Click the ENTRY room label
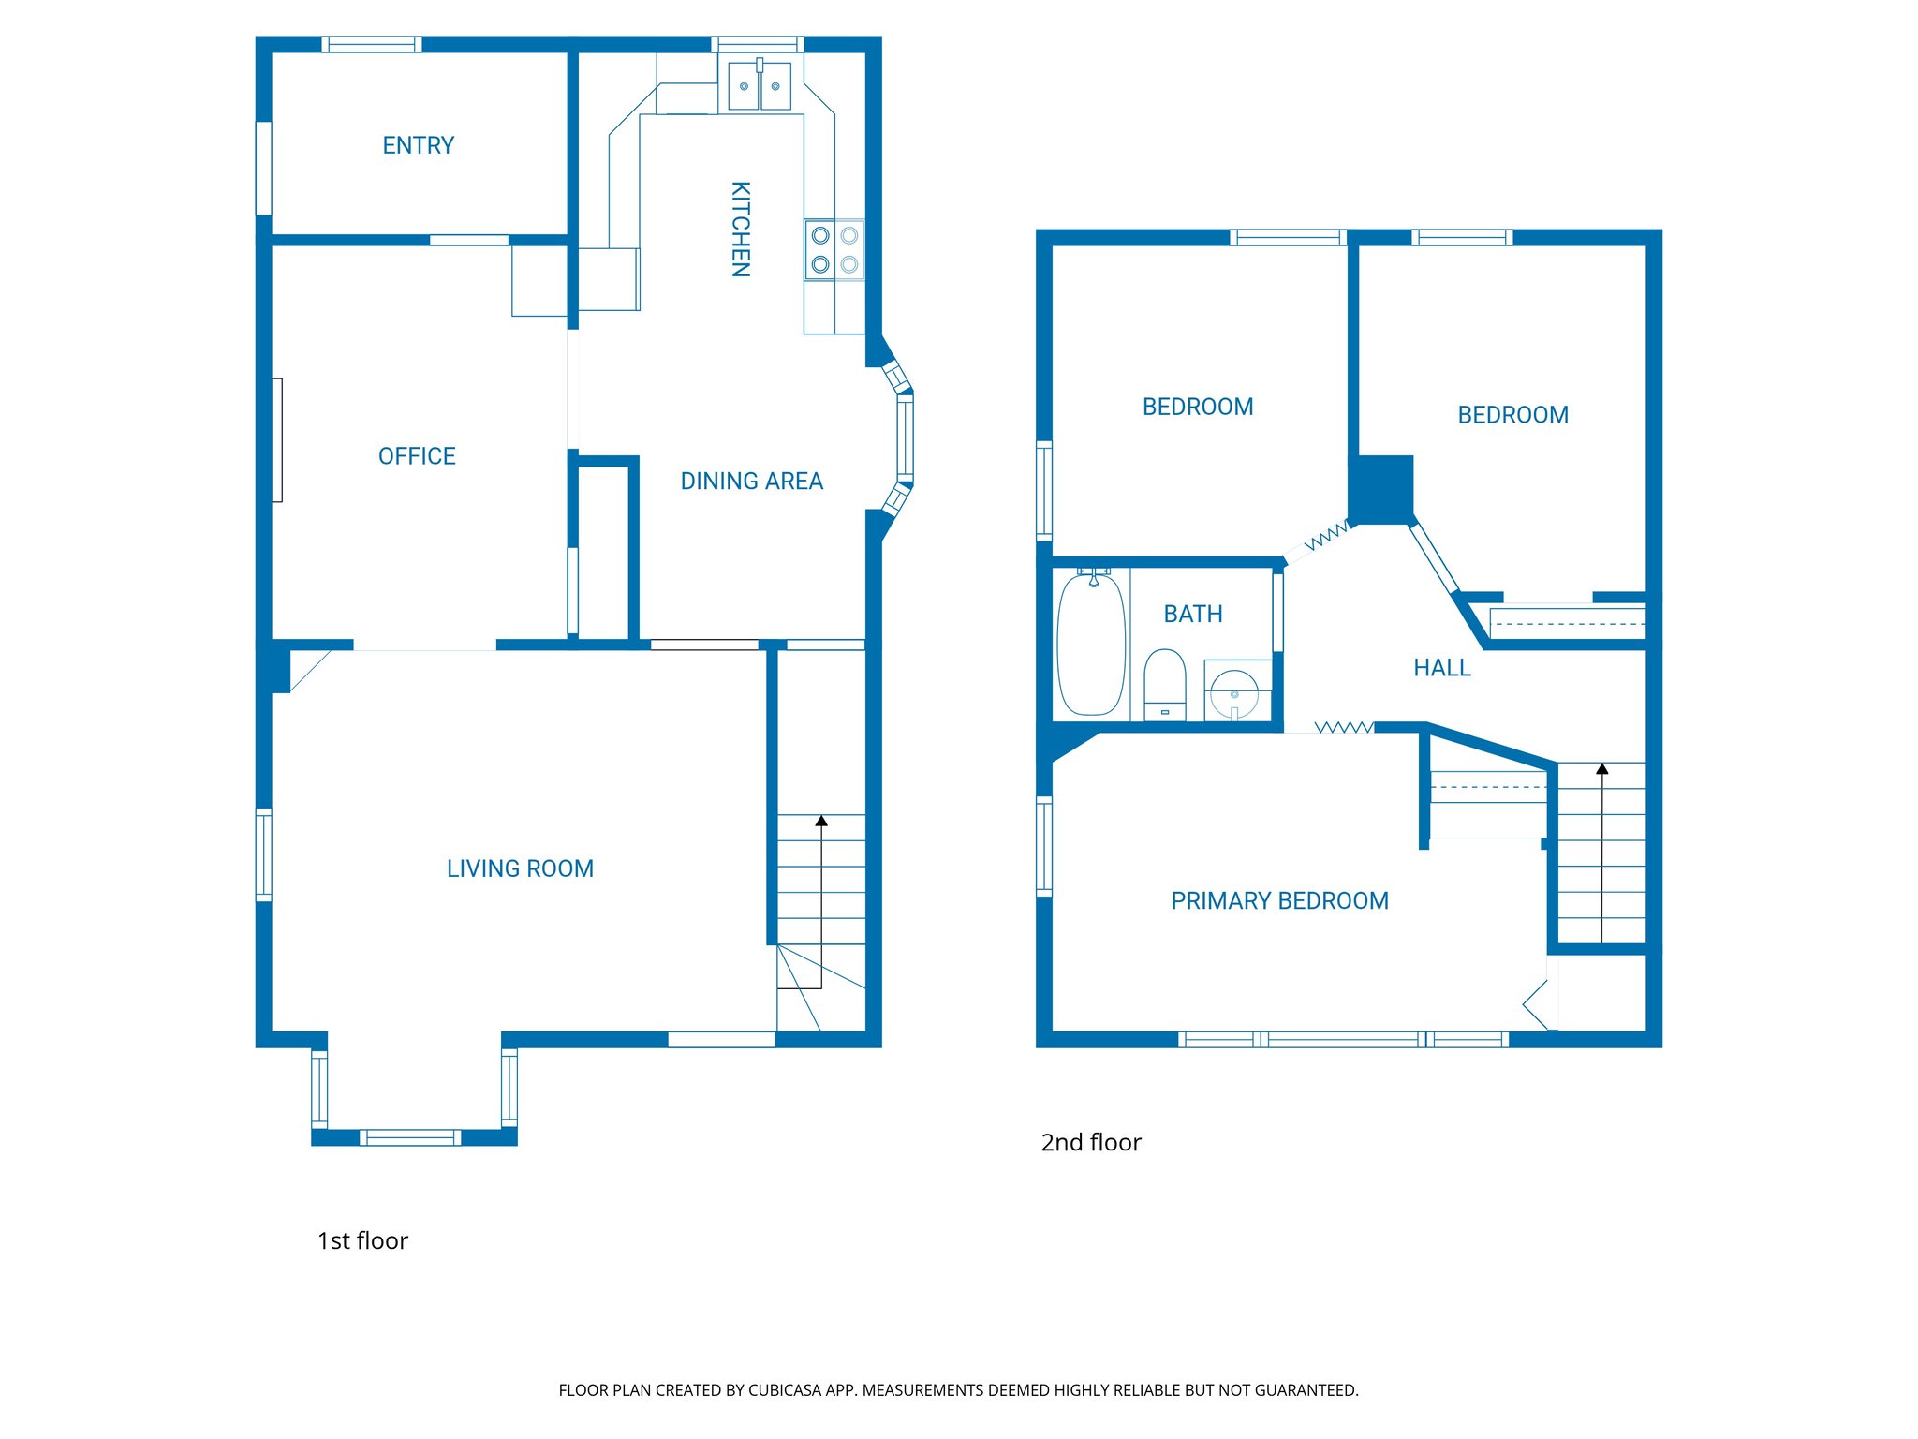(x=418, y=145)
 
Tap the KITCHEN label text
(x=740, y=229)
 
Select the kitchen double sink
(x=760, y=85)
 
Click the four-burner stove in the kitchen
(x=834, y=250)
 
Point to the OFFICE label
(x=417, y=456)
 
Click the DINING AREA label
(x=751, y=482)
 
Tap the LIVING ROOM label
(x=520, y=868)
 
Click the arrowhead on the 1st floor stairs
(x=821, y=821)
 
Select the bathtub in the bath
(x=1091, y=645)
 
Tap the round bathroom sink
(x=1234, y=693)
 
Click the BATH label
(x=1192, y=614)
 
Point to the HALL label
(x=1441, y=668)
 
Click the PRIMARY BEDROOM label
(x=1279, y=901)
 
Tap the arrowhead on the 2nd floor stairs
(x=1602, y=769)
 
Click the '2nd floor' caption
(x=1091, y=1142)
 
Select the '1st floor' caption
(x=362, y=1240)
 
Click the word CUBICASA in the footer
(x=785, y=1390)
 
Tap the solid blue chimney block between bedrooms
(x=1381, y=489)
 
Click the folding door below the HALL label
(x=1345, y=727)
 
